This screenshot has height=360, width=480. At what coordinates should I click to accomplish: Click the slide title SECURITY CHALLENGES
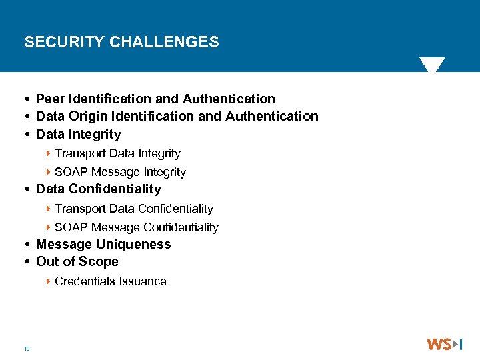click(121, 42)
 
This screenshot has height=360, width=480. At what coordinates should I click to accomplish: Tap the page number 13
click(27, 349)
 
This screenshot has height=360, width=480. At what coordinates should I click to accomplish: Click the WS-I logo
click(444, 345)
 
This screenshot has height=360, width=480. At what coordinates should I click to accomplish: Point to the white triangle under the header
click(432, 65)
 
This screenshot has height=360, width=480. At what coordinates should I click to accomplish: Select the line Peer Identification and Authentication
click(155, 99)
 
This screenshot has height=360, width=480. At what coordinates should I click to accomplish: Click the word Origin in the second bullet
click(87, 116)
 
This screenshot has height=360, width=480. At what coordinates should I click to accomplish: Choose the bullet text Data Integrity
click(79, 134)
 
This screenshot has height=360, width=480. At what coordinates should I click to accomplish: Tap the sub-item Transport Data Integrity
click(117, 153)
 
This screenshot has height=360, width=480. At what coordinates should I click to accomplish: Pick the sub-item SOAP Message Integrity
click(120, 172)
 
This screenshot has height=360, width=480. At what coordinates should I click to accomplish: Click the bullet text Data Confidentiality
click(99, 189)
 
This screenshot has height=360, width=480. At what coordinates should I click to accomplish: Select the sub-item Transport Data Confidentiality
click(134, 209)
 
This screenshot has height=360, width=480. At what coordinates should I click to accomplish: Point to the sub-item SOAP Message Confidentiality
click(137, 227)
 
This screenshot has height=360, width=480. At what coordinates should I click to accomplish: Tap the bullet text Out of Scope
click(77, 261)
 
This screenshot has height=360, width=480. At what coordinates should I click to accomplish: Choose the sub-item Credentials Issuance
click(111, 281)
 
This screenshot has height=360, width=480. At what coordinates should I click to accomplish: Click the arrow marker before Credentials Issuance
click(49, 281)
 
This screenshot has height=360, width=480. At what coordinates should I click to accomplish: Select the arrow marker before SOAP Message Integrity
click(49, 172)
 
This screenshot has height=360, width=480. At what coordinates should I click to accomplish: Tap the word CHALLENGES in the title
click(164, 42)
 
